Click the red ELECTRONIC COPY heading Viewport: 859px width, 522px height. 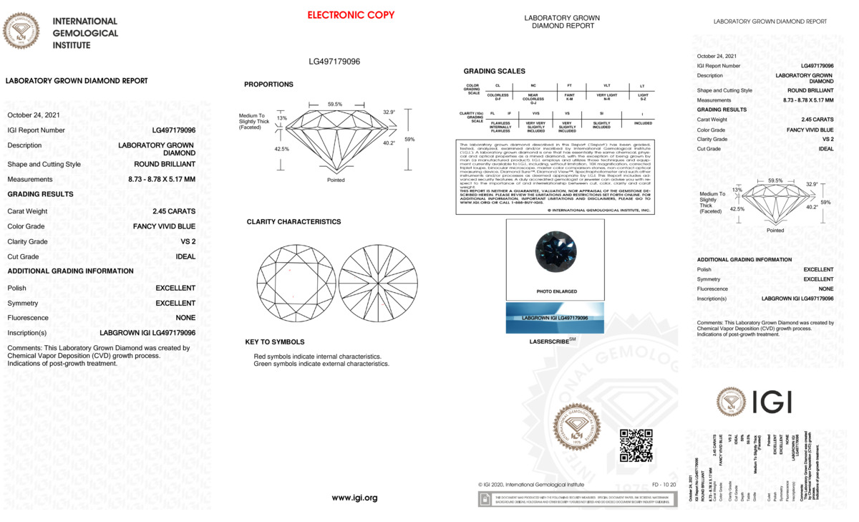point(351,15)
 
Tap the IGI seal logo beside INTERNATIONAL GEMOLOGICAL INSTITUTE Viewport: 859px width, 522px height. point(21,32)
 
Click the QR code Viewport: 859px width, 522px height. point(636,445)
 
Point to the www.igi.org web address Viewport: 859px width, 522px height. point(354,498)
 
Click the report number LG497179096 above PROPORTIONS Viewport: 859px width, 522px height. point(334,62)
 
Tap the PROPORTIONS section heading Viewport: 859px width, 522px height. point(268,84)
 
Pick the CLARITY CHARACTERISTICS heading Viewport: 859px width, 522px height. point(293,222)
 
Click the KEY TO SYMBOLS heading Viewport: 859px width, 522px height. point(274,342)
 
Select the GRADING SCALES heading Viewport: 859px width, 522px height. point(494,72)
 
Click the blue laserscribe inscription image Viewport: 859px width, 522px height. point(555,317)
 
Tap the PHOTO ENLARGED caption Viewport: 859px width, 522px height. point(556,292)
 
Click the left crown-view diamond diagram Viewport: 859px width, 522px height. point(295,283)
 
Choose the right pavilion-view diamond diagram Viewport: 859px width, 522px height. point(377,283)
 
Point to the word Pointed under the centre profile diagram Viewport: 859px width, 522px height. point(336,180)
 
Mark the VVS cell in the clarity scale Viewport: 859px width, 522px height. point(535,113)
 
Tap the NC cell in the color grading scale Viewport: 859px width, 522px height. point(533,86)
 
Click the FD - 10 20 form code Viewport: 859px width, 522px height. point(664,485)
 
